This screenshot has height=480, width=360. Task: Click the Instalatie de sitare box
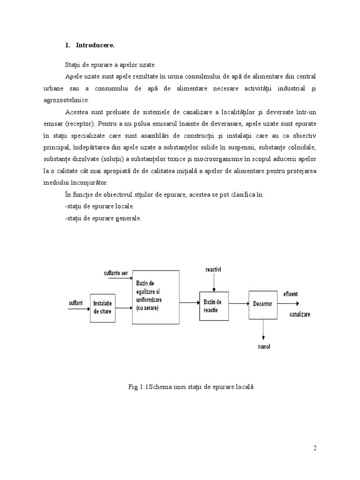[x=103, y=308]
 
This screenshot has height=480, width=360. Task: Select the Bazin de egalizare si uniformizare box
[x=156, y=297]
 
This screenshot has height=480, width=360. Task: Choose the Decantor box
[x=262, y=304]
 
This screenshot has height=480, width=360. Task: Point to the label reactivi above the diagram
[x=214, y=270]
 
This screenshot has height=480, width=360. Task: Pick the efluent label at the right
[x=291, y=294]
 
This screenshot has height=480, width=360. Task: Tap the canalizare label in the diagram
[x=300, y=314]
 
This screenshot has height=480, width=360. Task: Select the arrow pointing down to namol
[x=263, y=330]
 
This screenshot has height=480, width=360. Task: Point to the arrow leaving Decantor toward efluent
[x=285, y=304]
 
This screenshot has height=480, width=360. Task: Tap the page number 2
[x=315, y=448]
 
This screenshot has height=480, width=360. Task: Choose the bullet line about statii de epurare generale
[x=103, y=218]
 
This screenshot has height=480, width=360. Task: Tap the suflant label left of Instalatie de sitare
[x=76, y=303]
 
